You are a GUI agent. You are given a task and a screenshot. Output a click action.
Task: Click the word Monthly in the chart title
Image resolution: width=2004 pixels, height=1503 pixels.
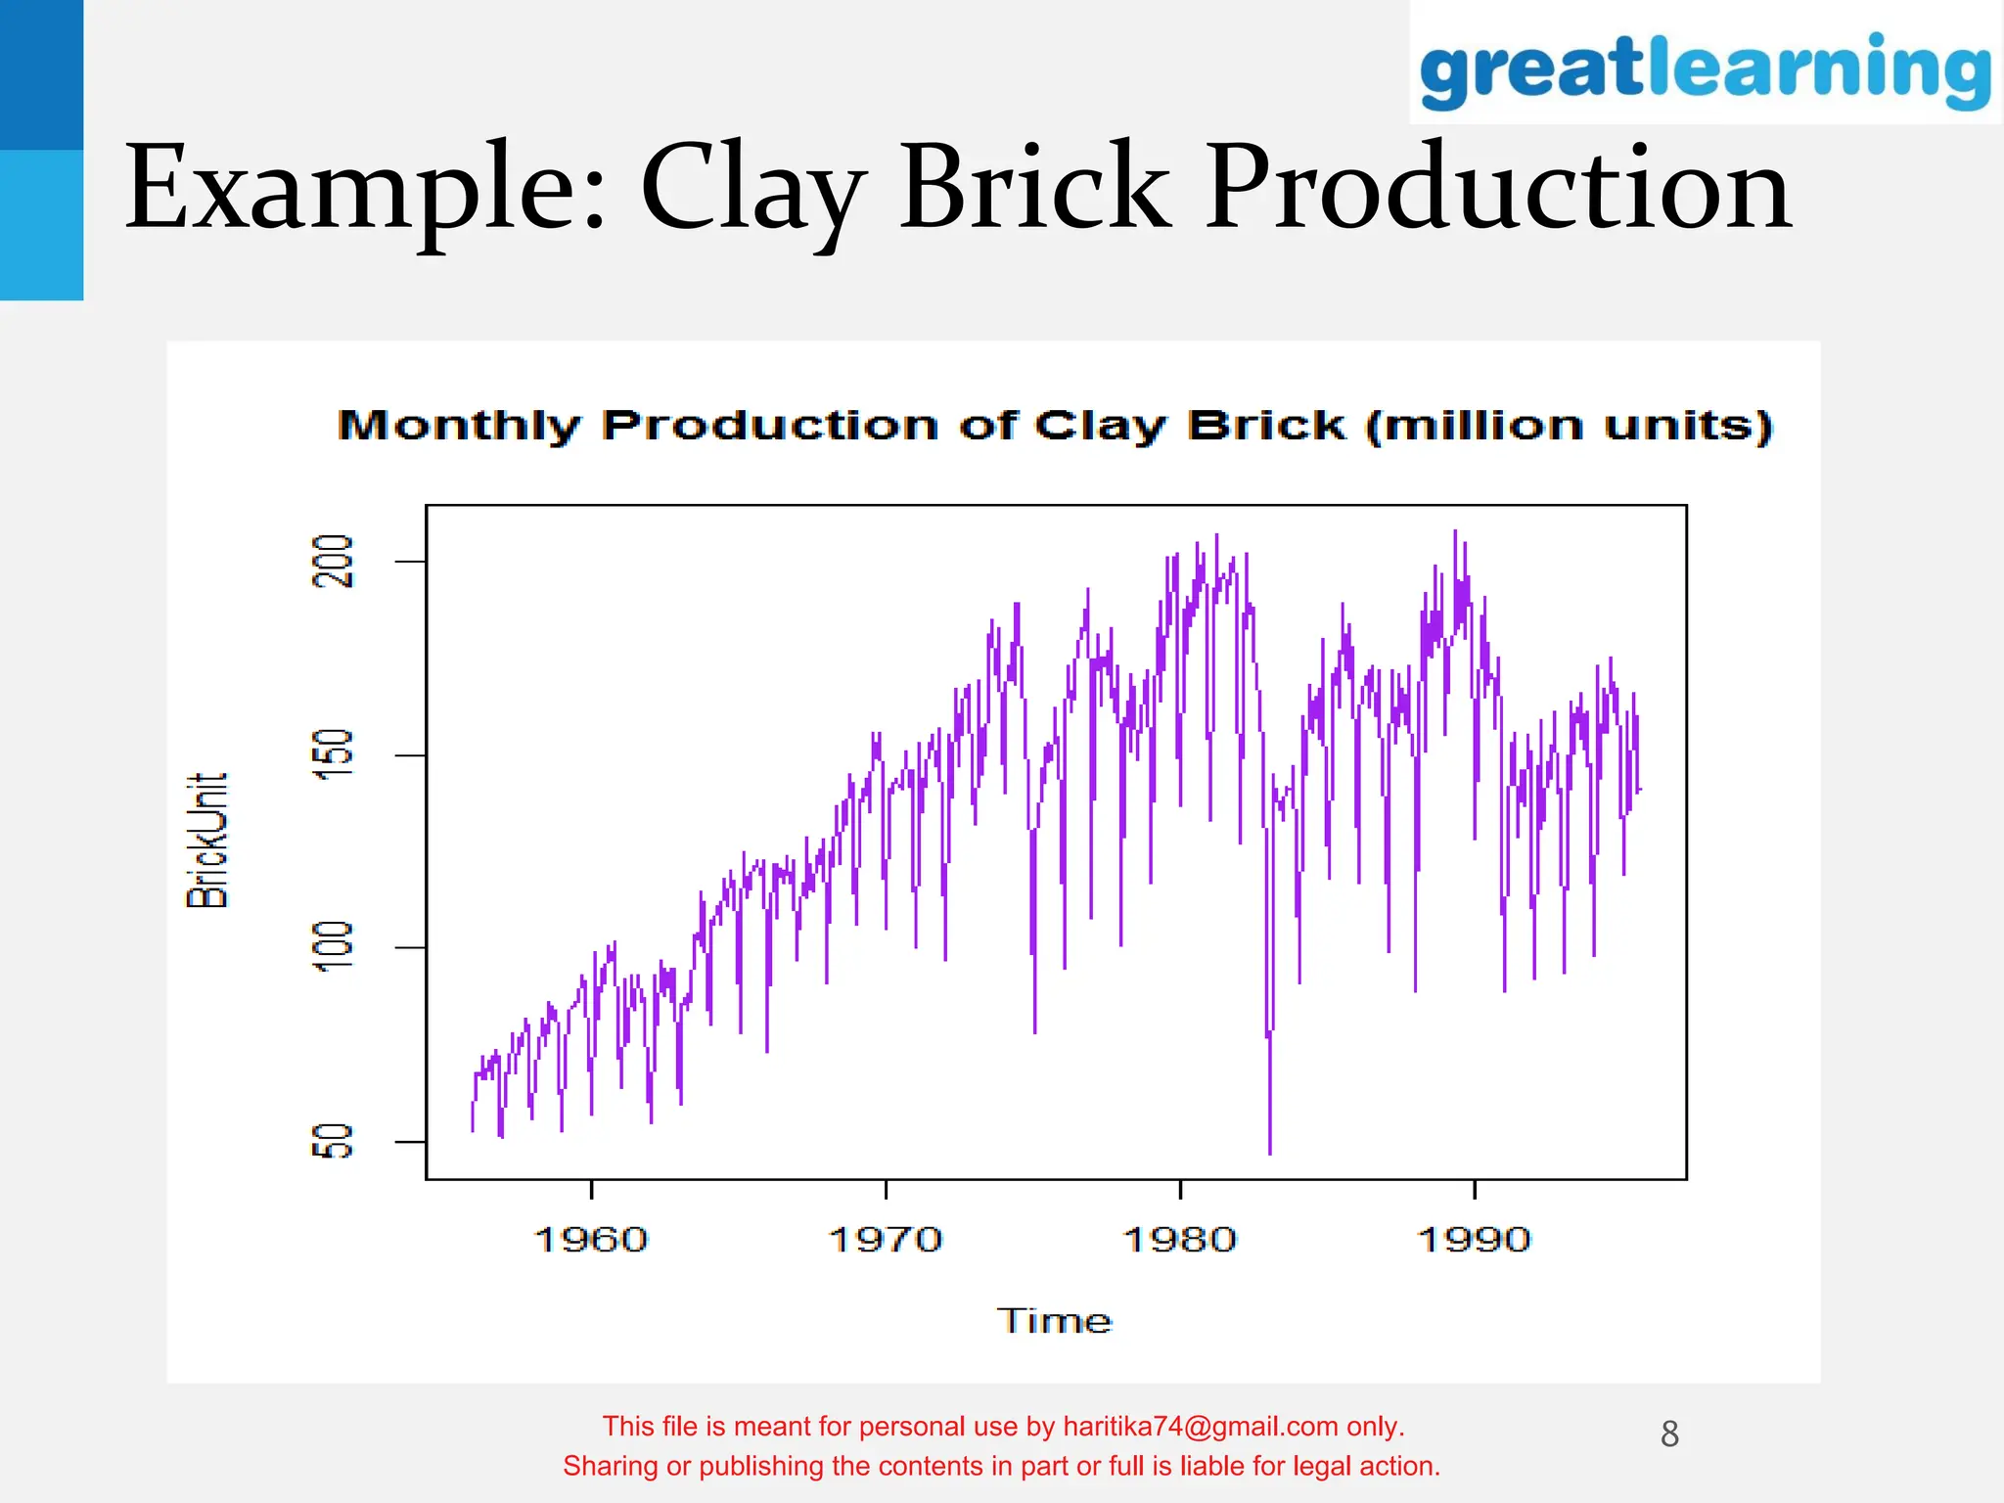(x=458, y=426)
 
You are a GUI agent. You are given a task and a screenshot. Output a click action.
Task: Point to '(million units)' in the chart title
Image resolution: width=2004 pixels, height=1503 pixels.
(x=1569, y=426)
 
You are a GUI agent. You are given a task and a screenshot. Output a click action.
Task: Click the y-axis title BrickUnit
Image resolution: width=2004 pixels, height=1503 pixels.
(x=207, y=840)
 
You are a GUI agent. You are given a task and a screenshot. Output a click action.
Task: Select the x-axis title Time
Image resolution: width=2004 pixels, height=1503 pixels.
(x=1054, y=1321)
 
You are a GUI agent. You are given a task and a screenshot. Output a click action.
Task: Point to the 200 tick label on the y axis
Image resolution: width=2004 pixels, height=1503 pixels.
(x=333, y=561)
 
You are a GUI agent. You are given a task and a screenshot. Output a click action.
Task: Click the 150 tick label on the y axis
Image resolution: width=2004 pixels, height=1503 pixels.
(x=333, y=754)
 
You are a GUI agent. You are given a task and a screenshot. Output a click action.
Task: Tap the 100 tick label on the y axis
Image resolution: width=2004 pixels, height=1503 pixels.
(x=333, y=947)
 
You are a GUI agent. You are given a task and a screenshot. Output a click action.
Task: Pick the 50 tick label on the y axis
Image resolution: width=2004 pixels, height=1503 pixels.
(x=333, y=1141)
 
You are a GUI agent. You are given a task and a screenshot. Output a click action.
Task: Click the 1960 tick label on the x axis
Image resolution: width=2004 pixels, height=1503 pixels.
(x=591, y=1240)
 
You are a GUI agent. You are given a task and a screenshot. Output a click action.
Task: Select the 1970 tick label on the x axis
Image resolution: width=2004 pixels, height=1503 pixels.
(x=886, y=1240)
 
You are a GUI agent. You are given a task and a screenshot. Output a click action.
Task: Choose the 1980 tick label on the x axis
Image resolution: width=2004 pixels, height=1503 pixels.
(x=1180, y=1240)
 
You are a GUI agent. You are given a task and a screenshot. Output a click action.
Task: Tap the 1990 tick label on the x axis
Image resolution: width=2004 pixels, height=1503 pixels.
(x=1475, y=1240)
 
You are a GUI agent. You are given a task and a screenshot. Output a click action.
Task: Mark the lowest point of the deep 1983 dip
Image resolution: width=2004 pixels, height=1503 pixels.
(x=1270, y=1153)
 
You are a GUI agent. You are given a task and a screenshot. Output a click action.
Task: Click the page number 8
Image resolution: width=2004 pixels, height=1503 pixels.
(x=1669, y=1435)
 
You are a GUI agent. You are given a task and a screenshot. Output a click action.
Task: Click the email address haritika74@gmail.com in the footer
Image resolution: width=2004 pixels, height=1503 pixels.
(x=1200, y=1427)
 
